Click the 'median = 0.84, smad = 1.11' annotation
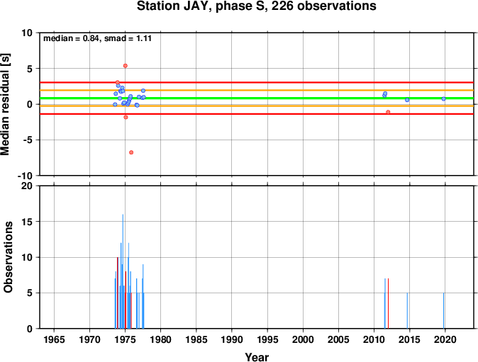point(98,38)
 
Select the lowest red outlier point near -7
point(131,152)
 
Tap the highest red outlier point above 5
point(126,66)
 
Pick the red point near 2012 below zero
point(388,112)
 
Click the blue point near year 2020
point(443,99)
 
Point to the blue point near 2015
point(407,100)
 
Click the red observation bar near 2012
point(388,303)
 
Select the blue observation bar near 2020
point(443,310)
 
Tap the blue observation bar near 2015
point(407,310)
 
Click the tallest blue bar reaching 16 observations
point(123,271)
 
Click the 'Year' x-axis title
point(257,357)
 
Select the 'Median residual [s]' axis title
point(6,104)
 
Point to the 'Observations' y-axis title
point(8,257)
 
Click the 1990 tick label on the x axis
point(232,339)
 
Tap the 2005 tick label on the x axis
point(338,339)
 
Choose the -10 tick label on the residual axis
point(25,176)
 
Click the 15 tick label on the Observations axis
point(27,222)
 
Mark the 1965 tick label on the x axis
point(55,339)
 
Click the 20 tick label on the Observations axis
point(27,186)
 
